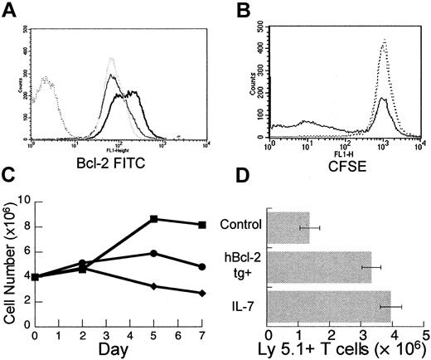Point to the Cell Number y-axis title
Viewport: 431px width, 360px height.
click(x=9, y=259)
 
